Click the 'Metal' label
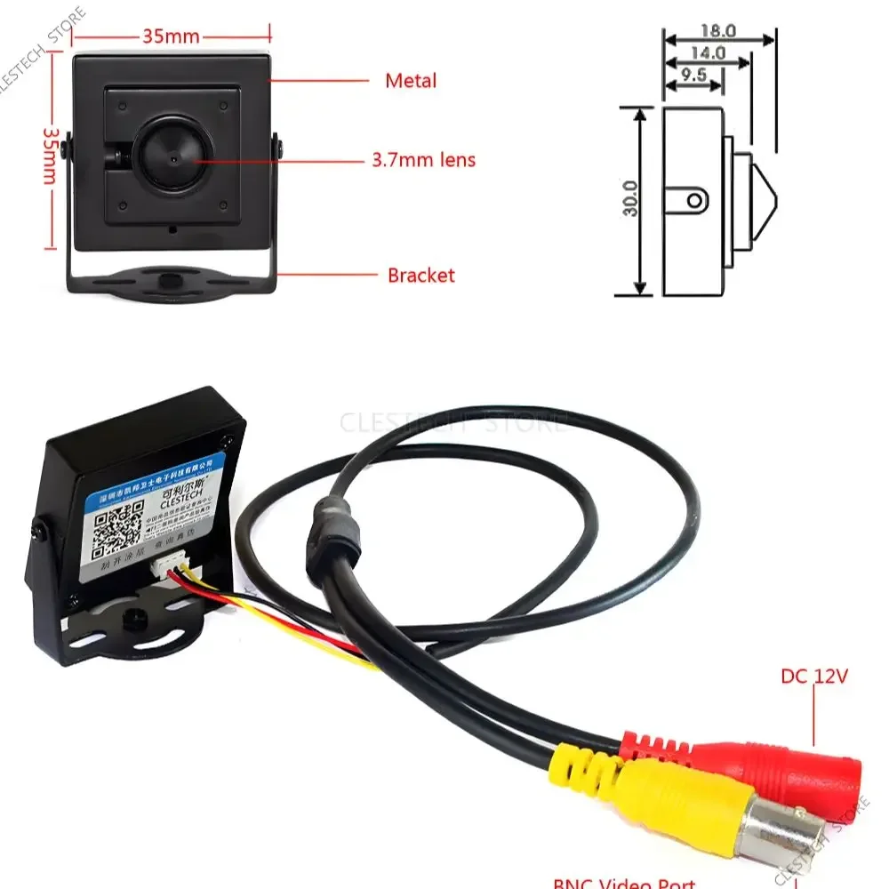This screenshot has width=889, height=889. click(411, 81)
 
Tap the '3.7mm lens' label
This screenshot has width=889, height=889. click(423, 161)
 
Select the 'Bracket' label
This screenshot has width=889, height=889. click(420, 276)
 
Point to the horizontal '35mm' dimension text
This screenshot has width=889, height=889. click(171, 36)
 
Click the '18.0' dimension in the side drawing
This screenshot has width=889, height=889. click(719, 30)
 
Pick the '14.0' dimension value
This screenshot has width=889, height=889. click(708, 53)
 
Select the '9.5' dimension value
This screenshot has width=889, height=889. click(693, 76)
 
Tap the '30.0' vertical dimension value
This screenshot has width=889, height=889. click(629, 200)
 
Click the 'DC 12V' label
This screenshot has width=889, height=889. click(814, 677)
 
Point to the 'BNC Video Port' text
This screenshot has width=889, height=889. click(623, 883)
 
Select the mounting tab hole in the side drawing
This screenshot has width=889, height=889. click(696, 199)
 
